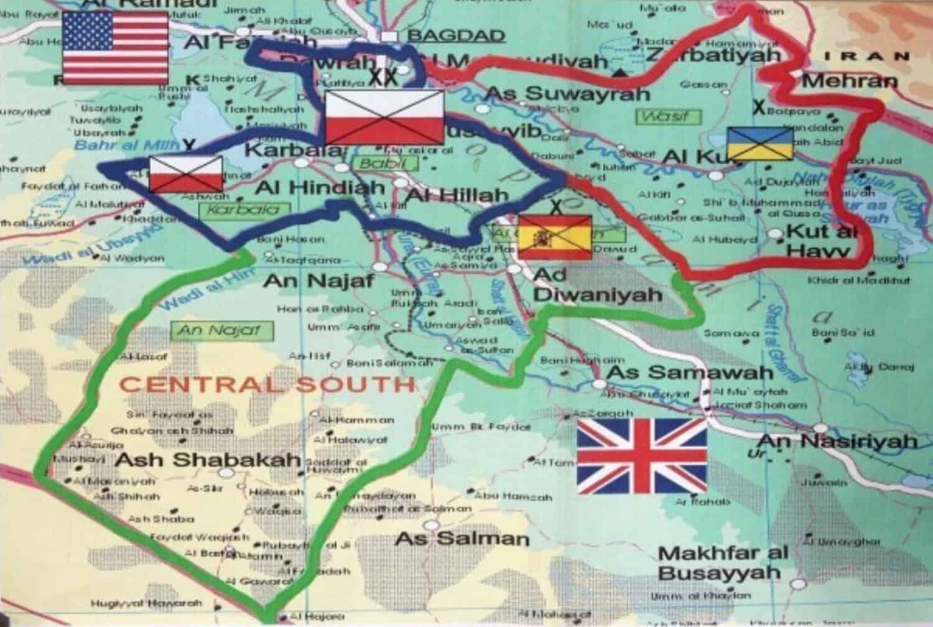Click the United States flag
click(116, 47)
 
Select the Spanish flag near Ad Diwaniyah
click(554, 237)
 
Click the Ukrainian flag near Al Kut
click(760, 144)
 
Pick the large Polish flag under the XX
click(384, 117)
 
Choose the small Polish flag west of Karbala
click(185, 174)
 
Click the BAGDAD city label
click(456, 35)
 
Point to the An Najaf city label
click(318, 281)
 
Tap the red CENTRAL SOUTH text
click(267, 384)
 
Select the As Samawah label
click(689, 373)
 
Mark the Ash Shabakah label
click(208, 460)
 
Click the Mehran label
click(850, 81)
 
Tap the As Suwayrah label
click(567, 94)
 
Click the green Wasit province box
click(664, 116)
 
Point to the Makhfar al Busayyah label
click(722, 562)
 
